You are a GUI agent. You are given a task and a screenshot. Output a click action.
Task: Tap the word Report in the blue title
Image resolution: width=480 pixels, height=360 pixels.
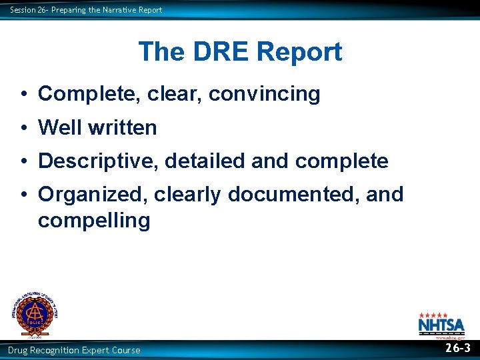[x=299, y=52]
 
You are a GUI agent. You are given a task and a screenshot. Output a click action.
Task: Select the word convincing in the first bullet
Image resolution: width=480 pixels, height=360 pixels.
[x=265, y=95]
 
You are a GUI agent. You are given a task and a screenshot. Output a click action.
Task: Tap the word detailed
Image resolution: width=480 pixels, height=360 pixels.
[x=207, y=161]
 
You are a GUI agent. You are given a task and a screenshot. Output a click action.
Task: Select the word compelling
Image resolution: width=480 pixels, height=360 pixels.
[x=94, y=220]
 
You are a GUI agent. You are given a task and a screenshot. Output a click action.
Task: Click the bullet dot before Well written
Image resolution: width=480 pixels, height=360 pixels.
[x=23, y=128]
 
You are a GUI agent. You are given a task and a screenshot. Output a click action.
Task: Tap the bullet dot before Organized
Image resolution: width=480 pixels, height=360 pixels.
[x=23, y=195]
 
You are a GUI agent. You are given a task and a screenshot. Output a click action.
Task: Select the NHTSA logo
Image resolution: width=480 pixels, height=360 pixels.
[x=441, y=325]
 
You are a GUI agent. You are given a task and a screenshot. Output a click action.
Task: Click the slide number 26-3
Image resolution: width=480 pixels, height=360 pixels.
[x=457, y=348]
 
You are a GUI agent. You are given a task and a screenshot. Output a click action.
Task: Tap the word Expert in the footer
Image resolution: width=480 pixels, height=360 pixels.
[x=85, y=350]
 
